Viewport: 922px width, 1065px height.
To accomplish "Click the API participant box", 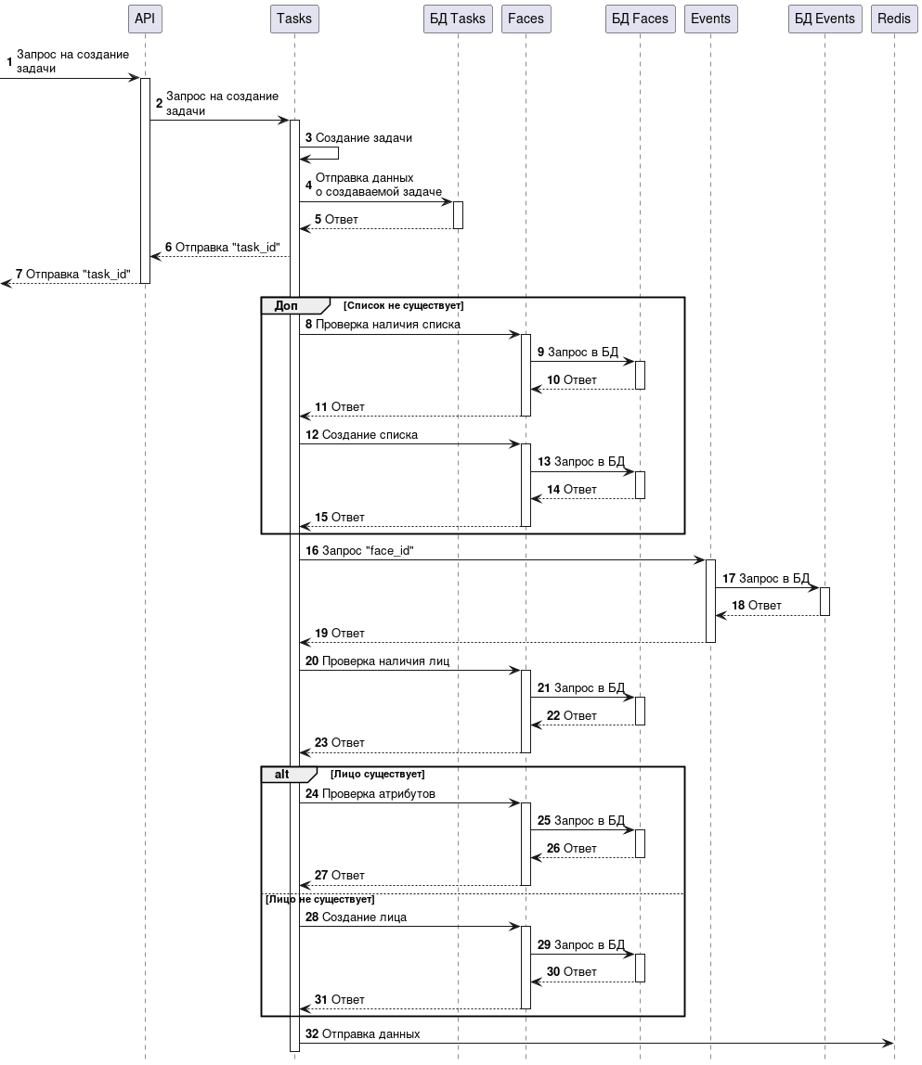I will tap(144, 19).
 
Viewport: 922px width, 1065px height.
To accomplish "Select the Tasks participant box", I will tap(294, 19).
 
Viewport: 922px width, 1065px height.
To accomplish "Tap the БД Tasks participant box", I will tap(457, 19).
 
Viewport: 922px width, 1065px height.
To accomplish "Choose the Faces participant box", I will tap(526, 19).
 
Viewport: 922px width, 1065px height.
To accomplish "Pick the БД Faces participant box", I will tap(639, 19).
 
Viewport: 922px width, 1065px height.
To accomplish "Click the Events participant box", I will tap(710, 19).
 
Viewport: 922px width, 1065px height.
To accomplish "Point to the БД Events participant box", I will tap(824, 19).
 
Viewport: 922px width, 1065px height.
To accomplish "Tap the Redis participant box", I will tap(894, 19).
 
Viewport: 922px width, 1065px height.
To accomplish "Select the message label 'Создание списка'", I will tap(370, 434).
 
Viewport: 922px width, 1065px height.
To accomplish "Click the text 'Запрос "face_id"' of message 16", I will tap(368, 550).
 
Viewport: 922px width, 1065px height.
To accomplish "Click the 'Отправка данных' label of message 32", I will tap(370, 1033).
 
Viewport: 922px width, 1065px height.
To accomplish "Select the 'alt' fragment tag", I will tap(282, 774).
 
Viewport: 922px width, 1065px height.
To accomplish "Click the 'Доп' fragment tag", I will tap(286, 305).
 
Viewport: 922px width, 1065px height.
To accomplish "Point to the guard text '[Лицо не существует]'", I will tap(319, 899).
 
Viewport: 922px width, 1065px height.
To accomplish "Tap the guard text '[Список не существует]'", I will tap(403, 305).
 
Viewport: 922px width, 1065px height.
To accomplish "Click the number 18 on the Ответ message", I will tap(738, 605).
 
